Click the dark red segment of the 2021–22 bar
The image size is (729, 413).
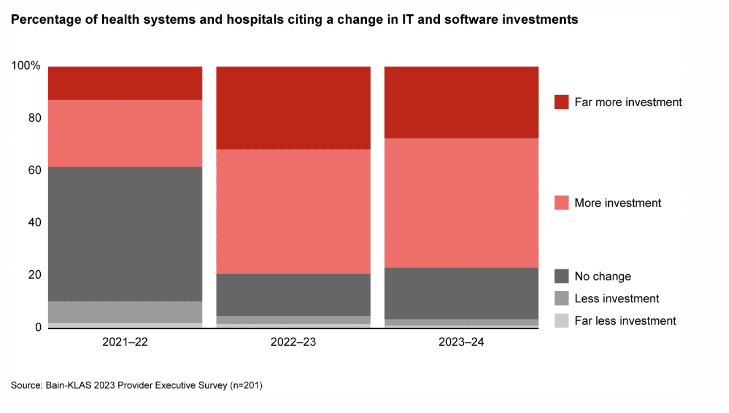pos(125,83)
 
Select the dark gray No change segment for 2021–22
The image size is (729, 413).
pos(125,234)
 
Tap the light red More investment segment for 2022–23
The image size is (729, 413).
pos(293,211)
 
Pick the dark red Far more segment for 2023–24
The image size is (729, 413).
pos(461,102)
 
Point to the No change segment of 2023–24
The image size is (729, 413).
pos(461,293)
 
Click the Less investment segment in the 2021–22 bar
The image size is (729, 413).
pos(125,312)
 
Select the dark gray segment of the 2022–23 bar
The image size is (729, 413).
pos(293,295)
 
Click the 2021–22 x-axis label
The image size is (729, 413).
pos(125,342)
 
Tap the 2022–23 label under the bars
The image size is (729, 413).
pos(293,342)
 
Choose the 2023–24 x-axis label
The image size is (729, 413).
pos(461,342)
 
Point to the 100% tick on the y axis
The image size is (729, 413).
pos(26,66)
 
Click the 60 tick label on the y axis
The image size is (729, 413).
pos(34,171)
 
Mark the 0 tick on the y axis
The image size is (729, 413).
pos(37,327)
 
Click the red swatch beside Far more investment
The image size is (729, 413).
pos(561,102)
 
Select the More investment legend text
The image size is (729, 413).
pos(618,203)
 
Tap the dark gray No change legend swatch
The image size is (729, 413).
pos(561,276)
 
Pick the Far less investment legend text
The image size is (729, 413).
pos(625,321)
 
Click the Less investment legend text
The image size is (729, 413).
pos(617,299)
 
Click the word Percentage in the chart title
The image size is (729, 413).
pos(41,20)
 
